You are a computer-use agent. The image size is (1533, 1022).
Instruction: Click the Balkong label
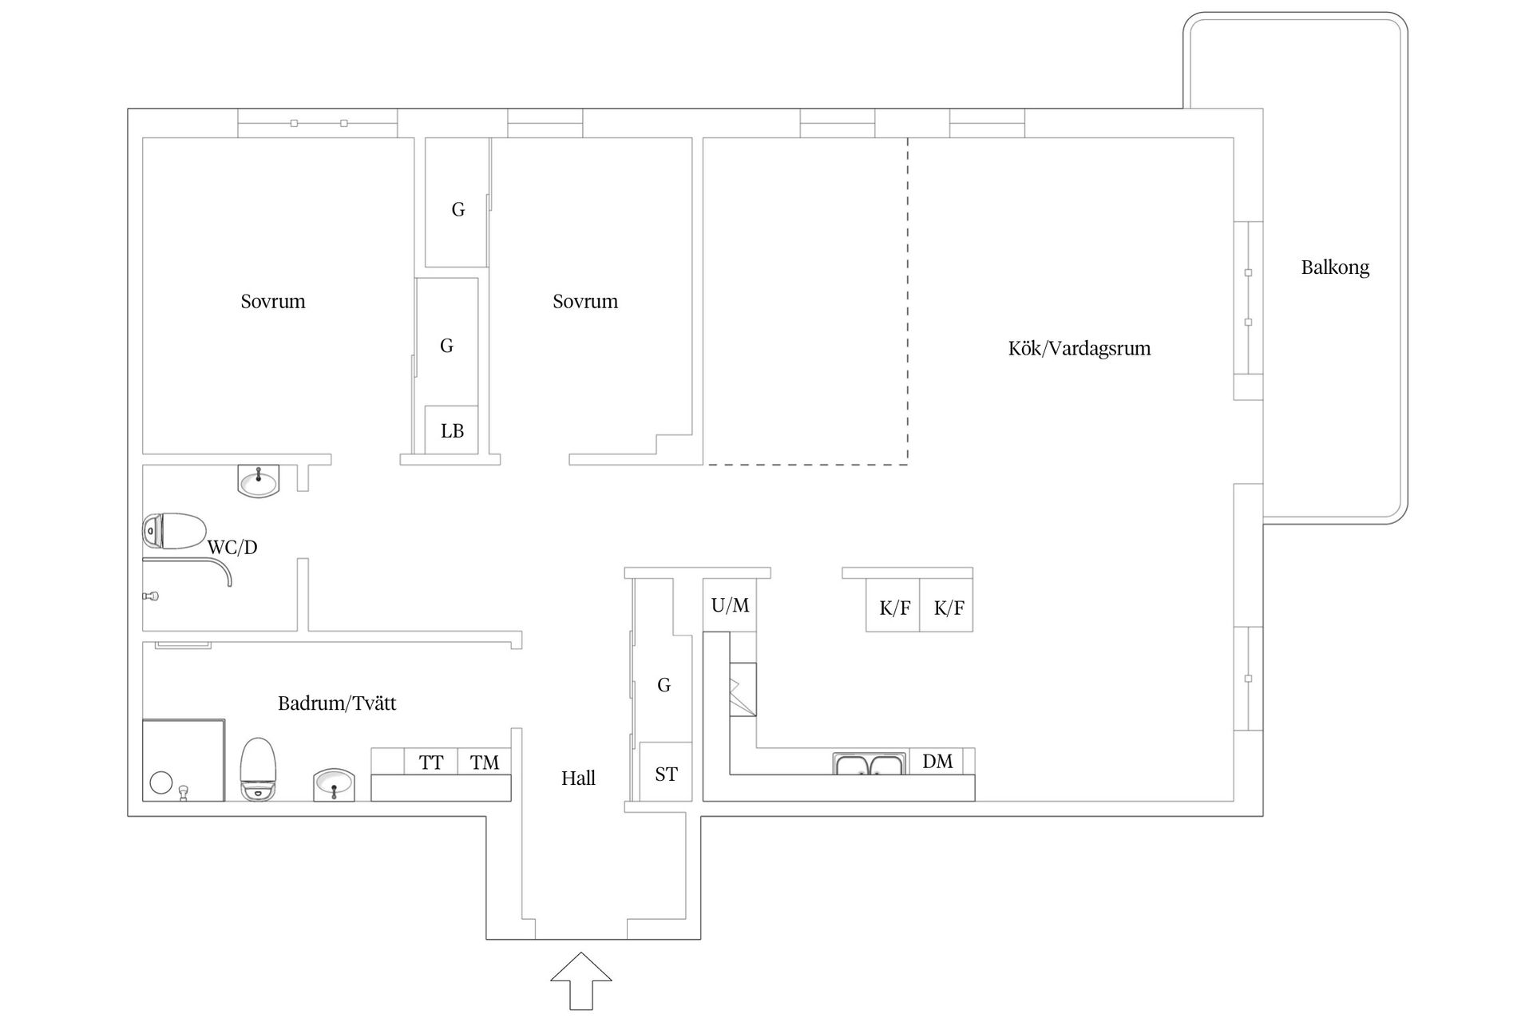pyautogui.click(x=1335, y=267)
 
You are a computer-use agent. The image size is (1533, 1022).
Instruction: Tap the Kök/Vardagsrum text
pyautogui.click(x=1079, y=348)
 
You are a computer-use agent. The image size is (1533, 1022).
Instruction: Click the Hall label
pyautogui.click(x=578, y=778)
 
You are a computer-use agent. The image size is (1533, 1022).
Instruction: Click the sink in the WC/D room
pyautogui.click(x=259, y=481)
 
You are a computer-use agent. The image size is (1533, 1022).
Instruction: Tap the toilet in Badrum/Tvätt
pyautogui.click(x=258, y=768)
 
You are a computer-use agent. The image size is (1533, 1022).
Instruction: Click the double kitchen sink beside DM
pyautogui.click(x=869, y=764)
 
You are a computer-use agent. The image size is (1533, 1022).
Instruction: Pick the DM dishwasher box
pyautogui.click(x=937, y=761)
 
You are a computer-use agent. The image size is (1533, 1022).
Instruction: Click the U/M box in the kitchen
pyautogui.click(x=730, y=605)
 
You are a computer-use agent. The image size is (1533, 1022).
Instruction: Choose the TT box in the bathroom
pyautogui.click(x=431, y=763)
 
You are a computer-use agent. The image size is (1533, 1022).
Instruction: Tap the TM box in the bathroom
pyautogui.click(x=485, y=763)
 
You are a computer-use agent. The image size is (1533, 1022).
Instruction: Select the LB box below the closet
pyautogui.click(x=452, y=431)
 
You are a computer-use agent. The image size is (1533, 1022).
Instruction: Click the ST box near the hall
pyautogui.click(x=666, y=774)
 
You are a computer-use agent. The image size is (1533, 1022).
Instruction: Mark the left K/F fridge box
pyautogui.click(x=894, y=608)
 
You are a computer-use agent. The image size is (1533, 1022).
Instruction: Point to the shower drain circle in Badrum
pyautogui.click(x=161, y=782)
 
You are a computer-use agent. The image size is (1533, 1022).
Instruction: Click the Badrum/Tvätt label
pyautogui.click(x=337, y=703)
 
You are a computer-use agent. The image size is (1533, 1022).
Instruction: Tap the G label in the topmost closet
pyautogui.click(x=458, y=209)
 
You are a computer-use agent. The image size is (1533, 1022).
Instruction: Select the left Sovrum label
pyautogui.click(x=273, y=301)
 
